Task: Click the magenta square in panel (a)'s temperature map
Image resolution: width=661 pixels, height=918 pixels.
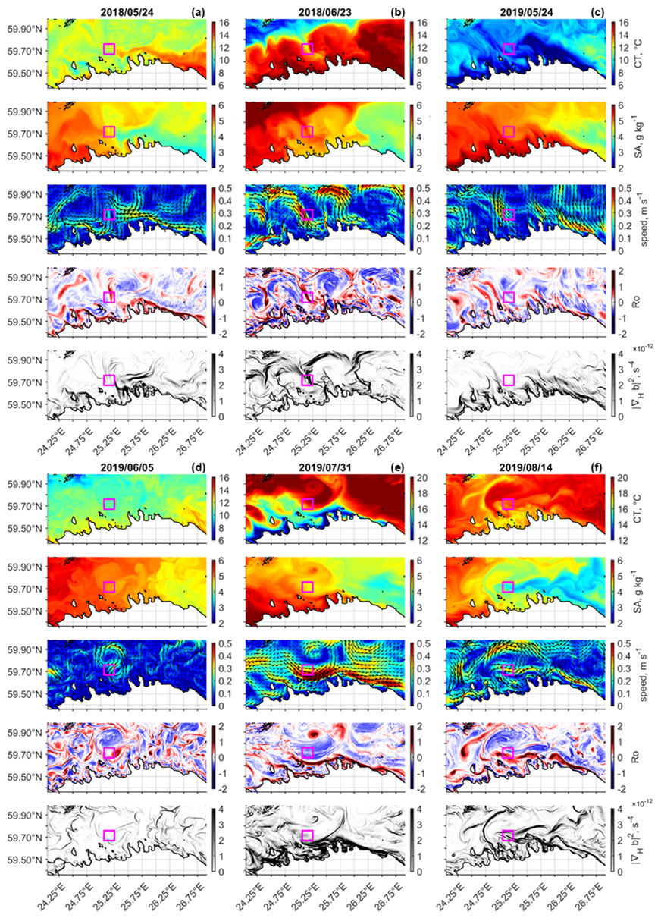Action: (x=109, y=49)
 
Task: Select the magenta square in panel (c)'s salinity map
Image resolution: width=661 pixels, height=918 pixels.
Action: (x=509, y=131)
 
